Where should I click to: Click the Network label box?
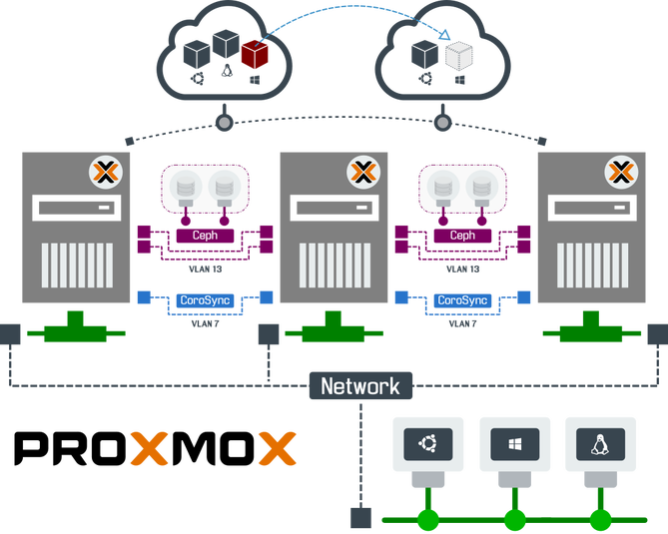coord(360,386)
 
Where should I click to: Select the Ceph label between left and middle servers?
coord(204,237)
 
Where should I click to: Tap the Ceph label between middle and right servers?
coord(462,237)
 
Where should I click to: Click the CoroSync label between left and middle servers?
coord(204,299)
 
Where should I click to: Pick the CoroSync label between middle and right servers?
coord(462,299)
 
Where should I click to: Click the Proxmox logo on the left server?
coord(105,172)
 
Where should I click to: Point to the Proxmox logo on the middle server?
coord(362,172)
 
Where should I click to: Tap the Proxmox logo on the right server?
coord(621,172)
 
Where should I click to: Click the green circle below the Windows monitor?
coord(514,519)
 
